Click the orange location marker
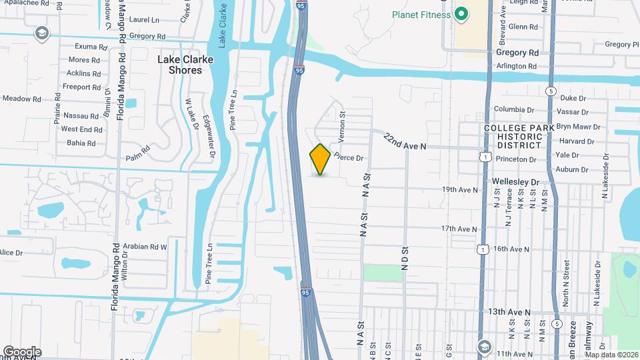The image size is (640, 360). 320,159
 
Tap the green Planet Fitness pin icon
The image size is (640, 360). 461,15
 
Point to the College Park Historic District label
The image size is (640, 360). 523,136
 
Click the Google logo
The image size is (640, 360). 21,352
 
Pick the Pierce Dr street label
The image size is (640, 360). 348,158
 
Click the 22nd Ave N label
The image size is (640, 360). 404,141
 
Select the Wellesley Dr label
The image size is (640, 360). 515,181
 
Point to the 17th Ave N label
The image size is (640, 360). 459,229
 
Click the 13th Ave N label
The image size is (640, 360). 509,312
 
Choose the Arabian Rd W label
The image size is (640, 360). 145,246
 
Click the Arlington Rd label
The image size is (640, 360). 516,66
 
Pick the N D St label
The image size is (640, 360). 404,259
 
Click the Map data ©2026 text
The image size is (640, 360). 611,355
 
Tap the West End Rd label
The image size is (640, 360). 81,129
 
